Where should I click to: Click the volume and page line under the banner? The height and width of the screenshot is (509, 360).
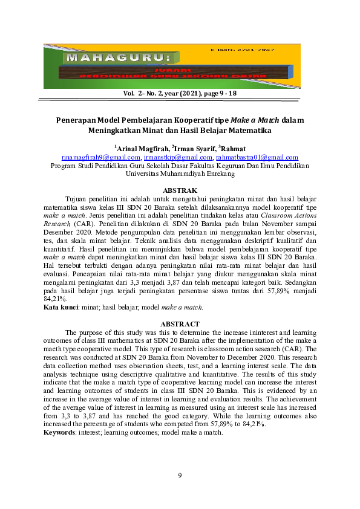pyautogui.click(x=180, y=94)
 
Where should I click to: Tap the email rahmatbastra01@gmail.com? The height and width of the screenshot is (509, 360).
pyautogui.click(x=256, y=157)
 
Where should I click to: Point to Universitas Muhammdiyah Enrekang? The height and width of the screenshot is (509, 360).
pyautogui.click(x=180, y=173)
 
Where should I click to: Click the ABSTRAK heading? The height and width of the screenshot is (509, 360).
pyautogui.click(x=180, y=190)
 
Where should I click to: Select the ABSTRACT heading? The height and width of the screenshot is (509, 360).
pyautogui.click(x=180, y=324)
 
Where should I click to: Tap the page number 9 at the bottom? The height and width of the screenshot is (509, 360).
pyautogui.click(x=180, y=476)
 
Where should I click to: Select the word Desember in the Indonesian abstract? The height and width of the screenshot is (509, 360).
pyautogui.click(x=62, y=232)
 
